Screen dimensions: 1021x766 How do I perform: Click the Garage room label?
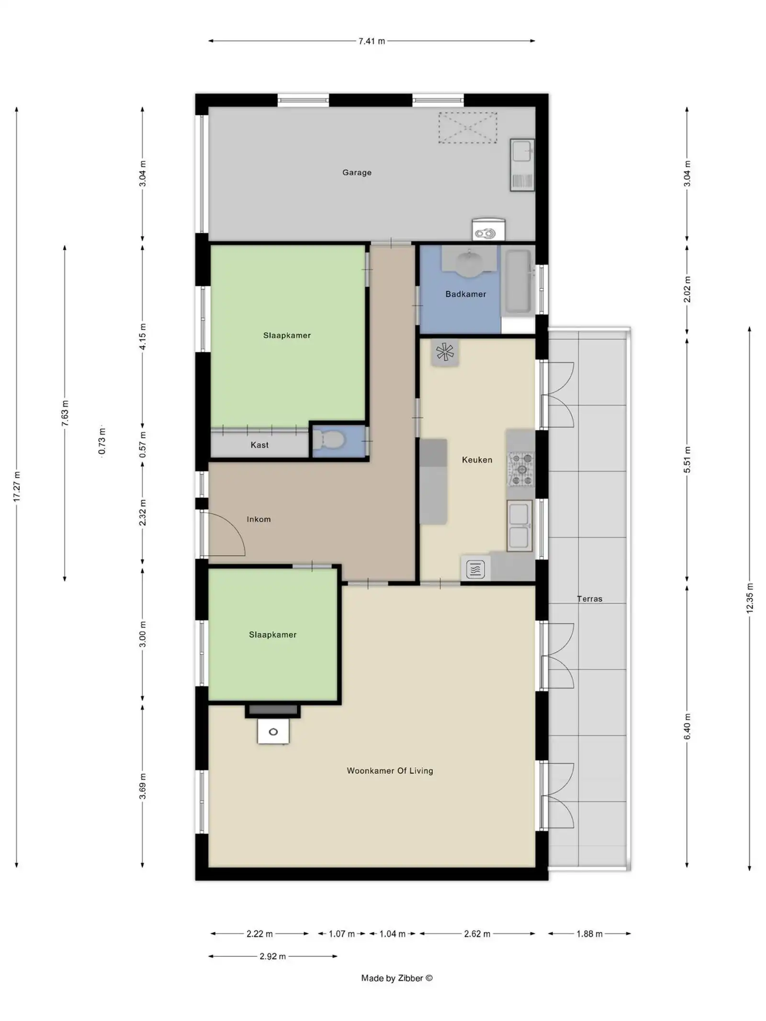point(357,172)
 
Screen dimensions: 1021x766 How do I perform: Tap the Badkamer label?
point(465,294)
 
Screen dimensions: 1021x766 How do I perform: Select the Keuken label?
point(477,460)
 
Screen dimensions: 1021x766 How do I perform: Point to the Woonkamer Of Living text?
point(390,771)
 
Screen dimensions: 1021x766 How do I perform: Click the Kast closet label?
point(259,445)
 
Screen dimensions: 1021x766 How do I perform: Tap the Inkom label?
point(259,519)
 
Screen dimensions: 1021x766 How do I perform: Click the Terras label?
point(589,598)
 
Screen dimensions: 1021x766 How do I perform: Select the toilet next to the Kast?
point(329,439)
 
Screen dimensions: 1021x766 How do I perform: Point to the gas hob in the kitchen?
point(521,469)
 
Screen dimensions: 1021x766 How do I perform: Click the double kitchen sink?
point(519,526)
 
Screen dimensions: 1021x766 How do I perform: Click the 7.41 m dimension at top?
point(372,41)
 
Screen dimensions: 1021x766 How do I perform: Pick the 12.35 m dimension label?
point(750,598)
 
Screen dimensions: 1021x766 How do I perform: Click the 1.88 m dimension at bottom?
point(589,933)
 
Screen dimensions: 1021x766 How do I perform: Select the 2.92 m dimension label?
point(272,956)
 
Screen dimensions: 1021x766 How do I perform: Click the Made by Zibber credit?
point(396,978)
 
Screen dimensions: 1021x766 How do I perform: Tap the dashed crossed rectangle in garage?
point(468,128)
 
